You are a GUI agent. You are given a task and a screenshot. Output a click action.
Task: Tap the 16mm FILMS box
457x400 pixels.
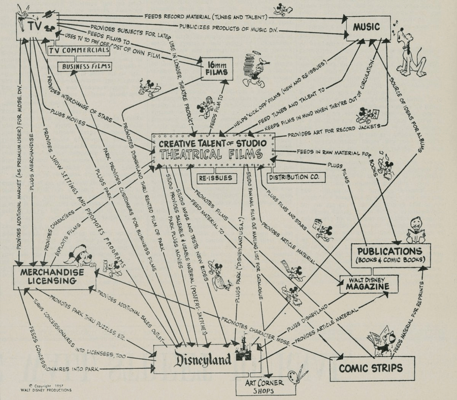217,69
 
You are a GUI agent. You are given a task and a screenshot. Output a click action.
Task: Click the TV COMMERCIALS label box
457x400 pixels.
79,51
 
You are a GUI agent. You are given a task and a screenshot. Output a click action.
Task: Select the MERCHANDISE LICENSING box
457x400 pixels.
54,278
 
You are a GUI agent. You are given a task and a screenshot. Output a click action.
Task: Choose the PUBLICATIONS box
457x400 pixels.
390,255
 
